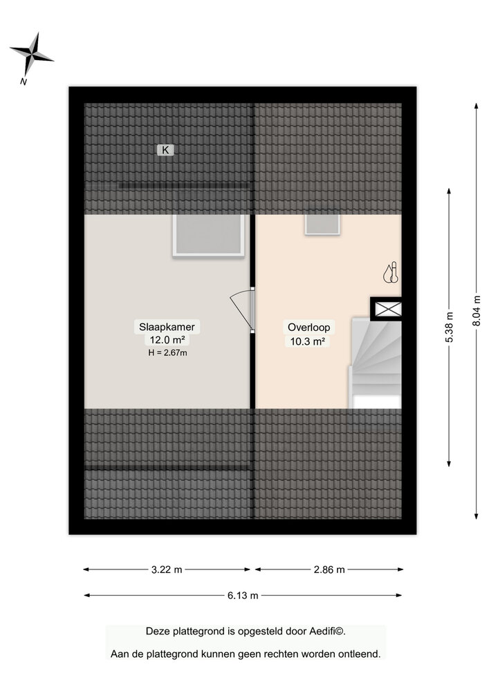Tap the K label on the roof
[x=165, y=149]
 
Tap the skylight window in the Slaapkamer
[x=209, y=235]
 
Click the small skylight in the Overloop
[x=322, y=224]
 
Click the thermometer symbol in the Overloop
[x=390, y=274]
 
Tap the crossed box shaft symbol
[x=386, y=308]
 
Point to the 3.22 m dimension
[x=167, y=569]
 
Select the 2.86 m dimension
[x=329, y=569]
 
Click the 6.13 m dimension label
[x=243, y=595]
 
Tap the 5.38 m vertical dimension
[x=450, y=327]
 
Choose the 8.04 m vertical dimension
[x=477, y=310]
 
